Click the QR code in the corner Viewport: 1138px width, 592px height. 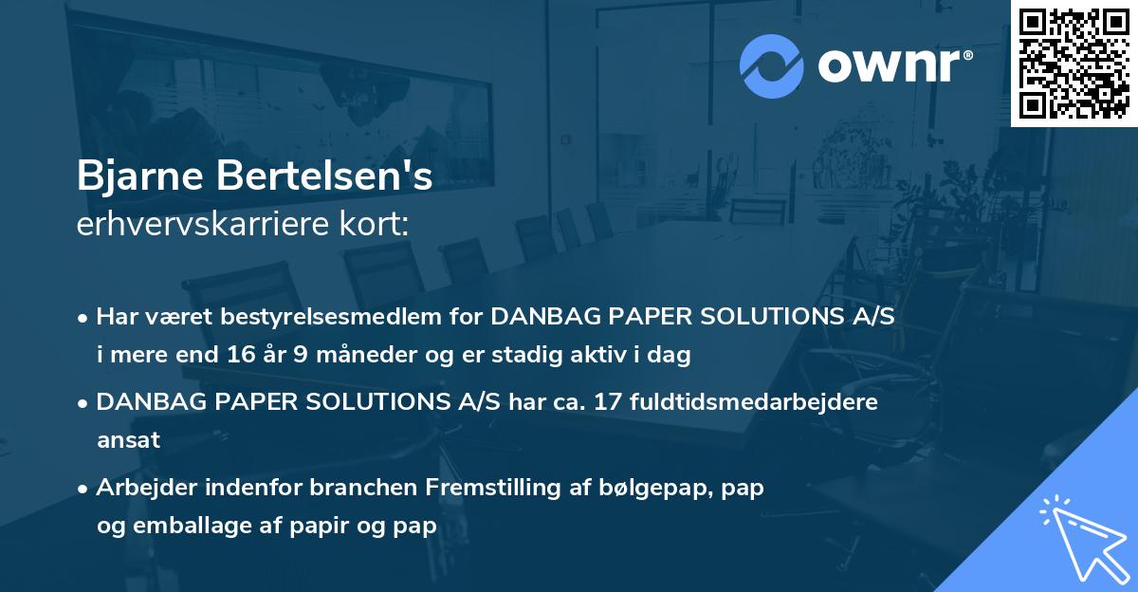(x=1074, y=63)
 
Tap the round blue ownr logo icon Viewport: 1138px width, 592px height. (x=772, y=65)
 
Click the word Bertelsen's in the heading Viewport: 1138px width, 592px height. (x=323, y=177)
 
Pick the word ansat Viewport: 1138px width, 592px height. (x=128, y=440)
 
